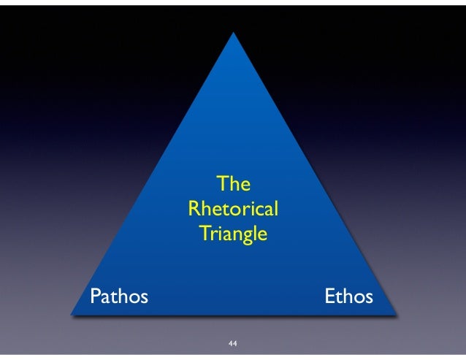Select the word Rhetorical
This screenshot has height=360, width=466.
233,210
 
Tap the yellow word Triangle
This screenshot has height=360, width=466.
233,236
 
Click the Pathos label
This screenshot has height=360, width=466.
118,296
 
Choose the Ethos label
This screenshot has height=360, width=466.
348,296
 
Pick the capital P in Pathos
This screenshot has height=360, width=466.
94,296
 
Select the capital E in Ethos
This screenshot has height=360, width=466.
329,296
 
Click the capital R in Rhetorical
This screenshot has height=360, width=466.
194,210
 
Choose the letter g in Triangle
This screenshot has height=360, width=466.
250,238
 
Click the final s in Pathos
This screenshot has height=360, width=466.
143,297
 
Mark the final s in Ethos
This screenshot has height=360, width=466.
368,297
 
